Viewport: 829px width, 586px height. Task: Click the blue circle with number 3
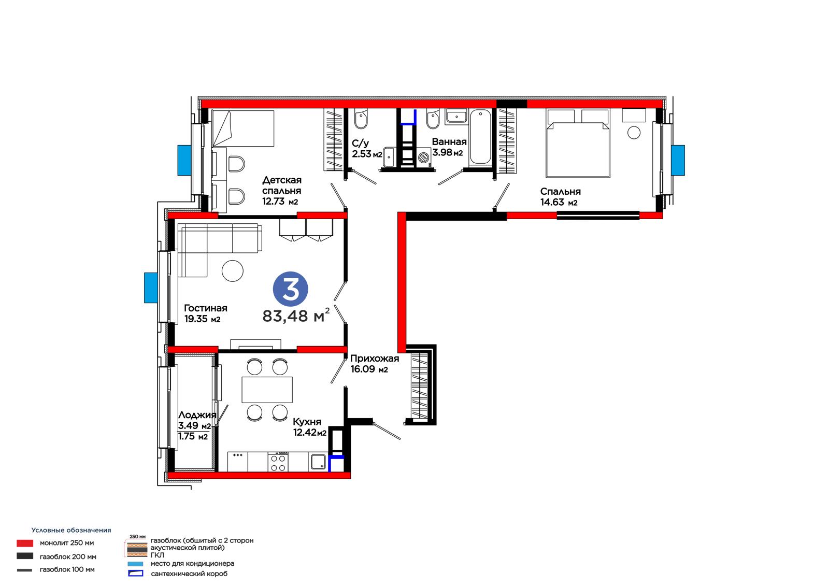click(x=291, y=289)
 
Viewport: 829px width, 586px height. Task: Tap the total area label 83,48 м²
click(x=296, y=316)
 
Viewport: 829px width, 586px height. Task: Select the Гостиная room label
click(x=205, y=308)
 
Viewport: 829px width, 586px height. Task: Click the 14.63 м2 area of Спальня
click(x=559, y=202)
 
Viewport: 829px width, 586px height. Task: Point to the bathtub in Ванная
click(x=480, y=137)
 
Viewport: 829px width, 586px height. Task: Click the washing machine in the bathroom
click(x=424, y=158)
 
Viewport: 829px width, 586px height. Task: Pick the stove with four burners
click(x=278, y=462)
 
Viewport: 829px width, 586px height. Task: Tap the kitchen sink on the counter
click(x=318, y=462)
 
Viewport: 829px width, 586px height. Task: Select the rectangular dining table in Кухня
click(x=267, y=390)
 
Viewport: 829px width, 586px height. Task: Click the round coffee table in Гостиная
click(x=233, y=270)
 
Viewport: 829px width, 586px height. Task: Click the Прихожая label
click(x=375, y=359)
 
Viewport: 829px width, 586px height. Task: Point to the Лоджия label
click(x=197, y=415)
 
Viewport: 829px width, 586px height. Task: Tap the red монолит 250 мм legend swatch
click(x=25, y=543)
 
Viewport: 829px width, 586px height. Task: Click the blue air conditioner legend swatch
click(x=135, y=564)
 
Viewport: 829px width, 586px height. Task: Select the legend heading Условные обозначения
click(x=71, y=530)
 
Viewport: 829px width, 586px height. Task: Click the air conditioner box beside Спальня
click(x=678, y=160)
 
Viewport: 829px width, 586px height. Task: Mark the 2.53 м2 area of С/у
click(x=367, y=154)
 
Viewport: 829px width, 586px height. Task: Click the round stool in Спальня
click(x=634, y=133)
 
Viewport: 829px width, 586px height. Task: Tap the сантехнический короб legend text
click(x=189, y=574)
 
